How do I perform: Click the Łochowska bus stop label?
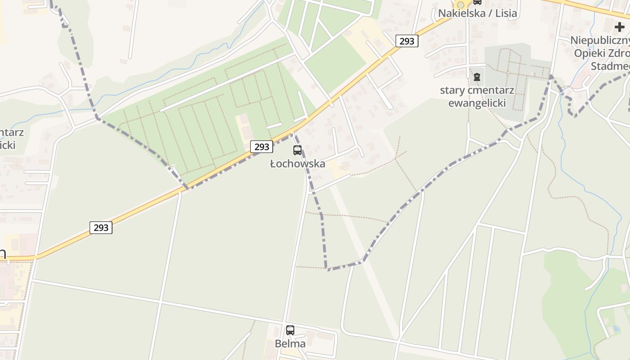point(297,164)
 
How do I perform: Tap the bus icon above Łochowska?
point(297,150)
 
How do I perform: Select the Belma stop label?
point(290,344)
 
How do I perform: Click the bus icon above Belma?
point(290,330)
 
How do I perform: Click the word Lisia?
point(506,13)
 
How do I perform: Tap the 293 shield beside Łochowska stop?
point(261,147)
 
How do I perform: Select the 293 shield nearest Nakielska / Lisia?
point(407,41)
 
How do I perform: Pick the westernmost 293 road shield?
point(101,228)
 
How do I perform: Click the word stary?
point(452,90)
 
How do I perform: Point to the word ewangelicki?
point(477,103)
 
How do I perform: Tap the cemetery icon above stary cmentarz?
point(477,77)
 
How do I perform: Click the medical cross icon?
point(620,27)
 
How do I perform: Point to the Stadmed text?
point(610,67)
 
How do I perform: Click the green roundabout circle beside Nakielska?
point(460,4)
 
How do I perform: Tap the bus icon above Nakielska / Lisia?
point(477,2)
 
